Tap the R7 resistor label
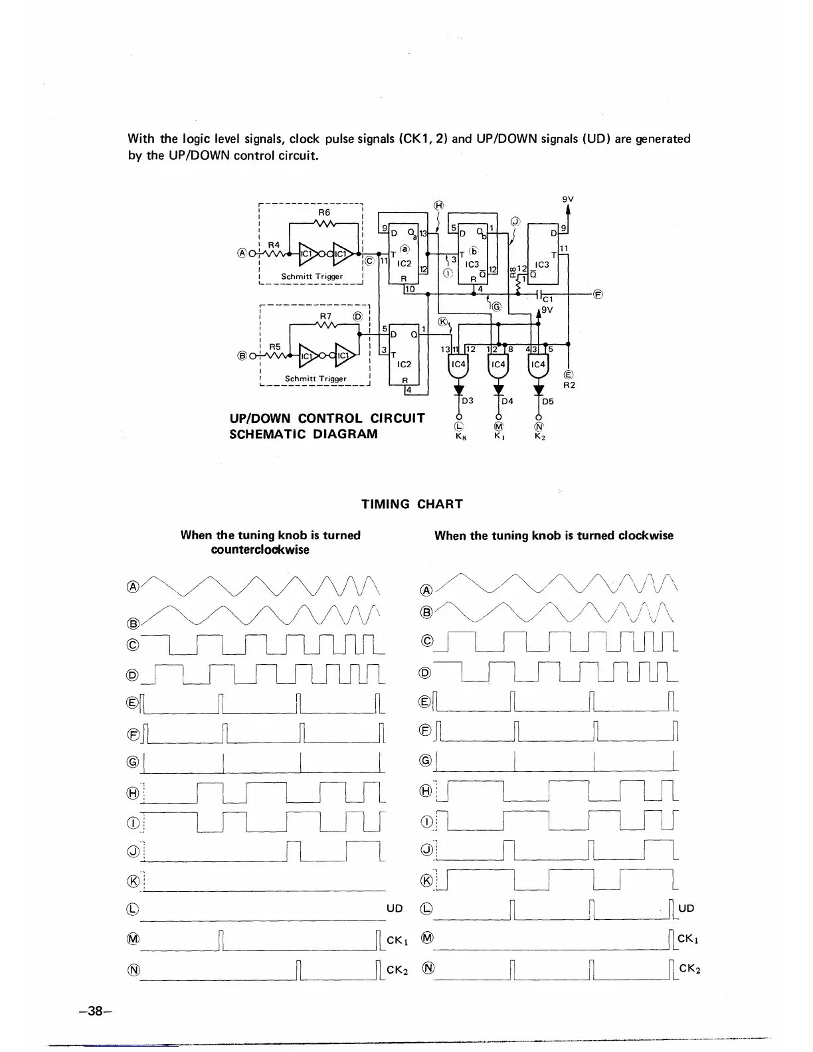point(325,315)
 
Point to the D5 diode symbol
point(539,391)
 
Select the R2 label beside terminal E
point(569,385)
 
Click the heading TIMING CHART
point(411,503)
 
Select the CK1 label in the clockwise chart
point(687,939)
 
